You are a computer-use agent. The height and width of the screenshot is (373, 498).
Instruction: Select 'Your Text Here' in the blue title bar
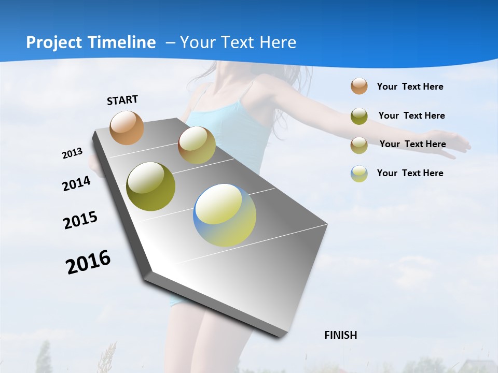click(x=238, y=42)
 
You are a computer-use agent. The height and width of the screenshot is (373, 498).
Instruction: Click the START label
click(x=122, y=100)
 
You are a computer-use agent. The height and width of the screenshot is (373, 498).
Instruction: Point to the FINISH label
click(x=341, y=335)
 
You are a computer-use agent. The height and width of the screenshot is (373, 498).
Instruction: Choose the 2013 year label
click(x=73, y=153)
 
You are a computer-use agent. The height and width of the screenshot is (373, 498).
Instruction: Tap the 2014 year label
click(x=77, y=183)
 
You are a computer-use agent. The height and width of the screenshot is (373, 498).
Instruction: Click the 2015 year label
click(x=80, y=220)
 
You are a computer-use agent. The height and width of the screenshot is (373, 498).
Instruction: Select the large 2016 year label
click(x=88, y=262)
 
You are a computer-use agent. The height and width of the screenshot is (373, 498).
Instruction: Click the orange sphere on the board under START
click(x=127, y=127)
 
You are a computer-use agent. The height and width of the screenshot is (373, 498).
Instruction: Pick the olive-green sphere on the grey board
click(x=151, y=187)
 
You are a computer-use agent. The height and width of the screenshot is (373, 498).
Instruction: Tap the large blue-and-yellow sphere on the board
click(x=225, y=215)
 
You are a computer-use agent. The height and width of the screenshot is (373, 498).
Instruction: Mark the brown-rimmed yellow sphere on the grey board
click(x=197, y=145)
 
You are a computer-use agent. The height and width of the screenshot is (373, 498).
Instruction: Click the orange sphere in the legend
click(x=359, y=86)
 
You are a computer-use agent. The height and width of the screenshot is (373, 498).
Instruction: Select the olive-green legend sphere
click(x=359, y=116)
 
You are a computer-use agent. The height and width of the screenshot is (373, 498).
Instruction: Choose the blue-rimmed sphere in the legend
click(x=359, y=174)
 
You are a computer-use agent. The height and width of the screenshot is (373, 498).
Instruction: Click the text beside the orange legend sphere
click(x=410, y=87)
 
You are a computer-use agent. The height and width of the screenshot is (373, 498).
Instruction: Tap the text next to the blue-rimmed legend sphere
click(x=410, y=173)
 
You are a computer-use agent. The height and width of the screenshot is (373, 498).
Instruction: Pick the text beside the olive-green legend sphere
click(x=411, y=116)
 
